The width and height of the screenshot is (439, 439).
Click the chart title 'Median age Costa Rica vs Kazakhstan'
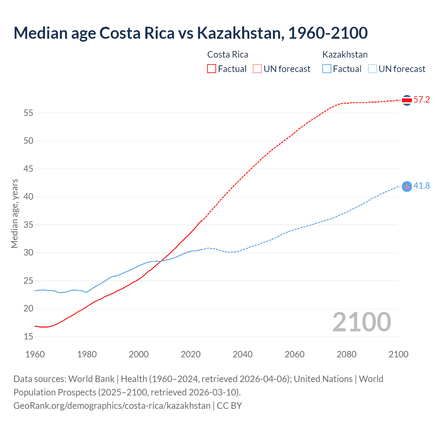click(x=190, y=33)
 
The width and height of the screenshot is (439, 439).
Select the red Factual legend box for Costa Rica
click(x=212, y=69)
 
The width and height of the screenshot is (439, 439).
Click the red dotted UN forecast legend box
click(x=257, y=69)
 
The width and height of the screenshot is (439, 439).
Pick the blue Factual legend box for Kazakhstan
click(x=327, y=69)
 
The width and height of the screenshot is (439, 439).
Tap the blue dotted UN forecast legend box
click(x=372, y=69)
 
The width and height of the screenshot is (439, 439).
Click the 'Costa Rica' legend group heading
click(x=228, y=55)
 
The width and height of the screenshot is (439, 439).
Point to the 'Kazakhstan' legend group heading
click(x=345, y=55)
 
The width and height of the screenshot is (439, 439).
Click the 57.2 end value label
click(x=422, y=100)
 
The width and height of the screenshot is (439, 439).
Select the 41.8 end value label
click(x=422, y=186)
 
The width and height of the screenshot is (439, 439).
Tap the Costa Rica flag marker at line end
click(x=407, y=100)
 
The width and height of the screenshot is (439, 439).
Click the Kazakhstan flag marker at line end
click(x=407, y=186)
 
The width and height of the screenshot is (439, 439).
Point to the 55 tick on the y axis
click(x=28, y=113)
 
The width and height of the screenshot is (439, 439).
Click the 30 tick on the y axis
click(x=28, y=253)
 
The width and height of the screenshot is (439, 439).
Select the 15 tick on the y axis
click(x=28, y=337)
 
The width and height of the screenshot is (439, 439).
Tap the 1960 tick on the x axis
click(x=35, y=354)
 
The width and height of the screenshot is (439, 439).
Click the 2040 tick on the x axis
click(x=242, y=354)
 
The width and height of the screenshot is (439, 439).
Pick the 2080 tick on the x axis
click(x=346, y=354)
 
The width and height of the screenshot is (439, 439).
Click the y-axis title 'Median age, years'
click(x=14, y=213)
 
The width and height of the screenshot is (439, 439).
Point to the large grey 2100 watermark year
click(x=361, y=322)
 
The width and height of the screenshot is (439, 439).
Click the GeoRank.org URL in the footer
click(x=112, y=406)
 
